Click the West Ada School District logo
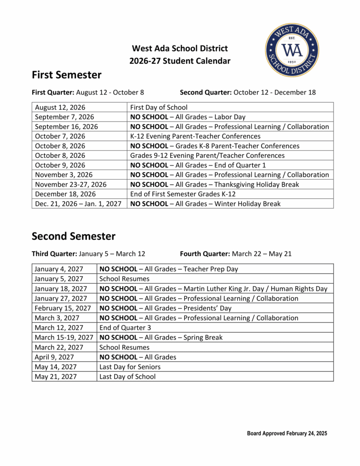click(x=292, y=50)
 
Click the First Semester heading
click(x=66, y=75)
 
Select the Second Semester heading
click(x=73, y=236)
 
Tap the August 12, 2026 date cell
click(x=60, y=107)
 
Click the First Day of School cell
click(x=158, y=107)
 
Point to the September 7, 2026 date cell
click(x=64, y=117)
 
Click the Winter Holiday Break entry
click(x=205, y=204)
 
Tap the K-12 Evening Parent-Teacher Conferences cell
click(x=195, y=136)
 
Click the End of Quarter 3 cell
click(x=125, y=328)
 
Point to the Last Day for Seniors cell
click(x=130, y=367)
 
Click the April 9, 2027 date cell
click(x=54, y=357)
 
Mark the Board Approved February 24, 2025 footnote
click(x=287, y=433)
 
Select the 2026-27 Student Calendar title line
click(x=179, y=61)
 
